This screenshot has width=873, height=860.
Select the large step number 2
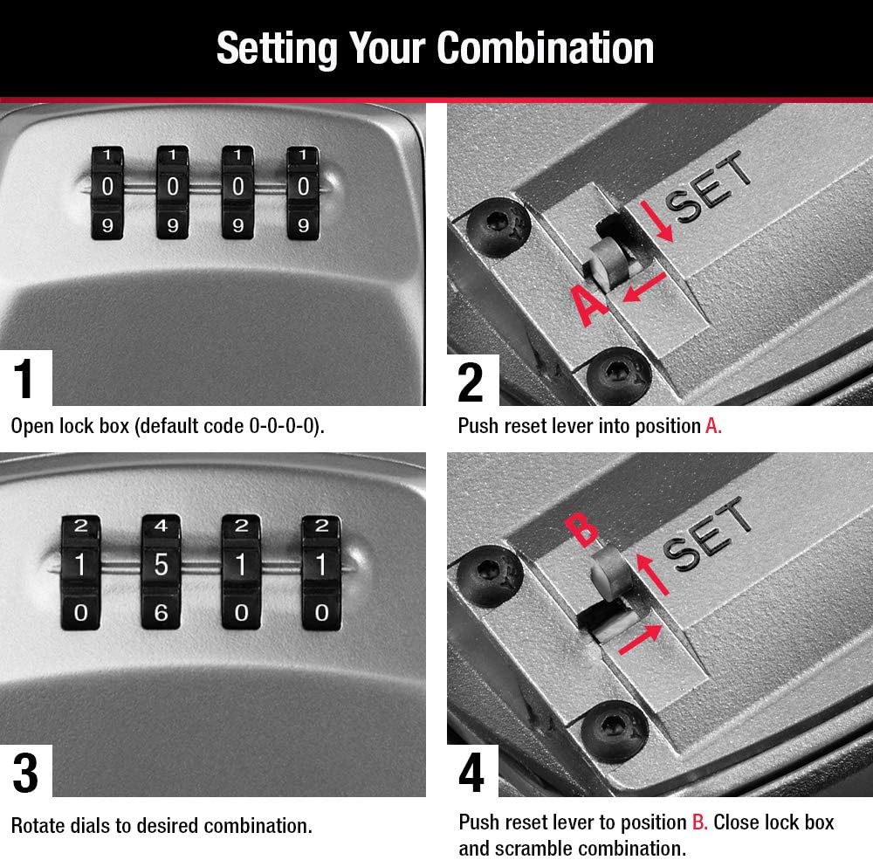point(470,381)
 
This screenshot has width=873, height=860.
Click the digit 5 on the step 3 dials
point(161,566)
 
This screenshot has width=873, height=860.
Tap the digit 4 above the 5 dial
point(161,526)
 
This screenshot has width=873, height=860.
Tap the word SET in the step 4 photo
point(709,533)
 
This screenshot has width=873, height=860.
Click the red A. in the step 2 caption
point(713,426)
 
